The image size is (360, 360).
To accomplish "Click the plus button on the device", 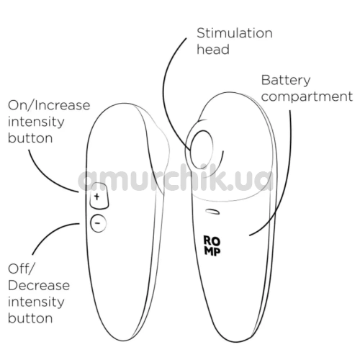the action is [99, 196].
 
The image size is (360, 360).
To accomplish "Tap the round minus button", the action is [98, 223].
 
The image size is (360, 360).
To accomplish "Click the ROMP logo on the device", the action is [212, 246].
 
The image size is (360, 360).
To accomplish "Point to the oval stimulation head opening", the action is [202, 150].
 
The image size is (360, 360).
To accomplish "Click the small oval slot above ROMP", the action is [212, 211].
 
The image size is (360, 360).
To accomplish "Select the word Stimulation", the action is [235, 33].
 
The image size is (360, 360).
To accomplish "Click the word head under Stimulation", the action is [213, 50].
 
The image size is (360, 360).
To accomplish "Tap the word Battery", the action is [286, 81].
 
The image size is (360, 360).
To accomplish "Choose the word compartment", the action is [307, 96].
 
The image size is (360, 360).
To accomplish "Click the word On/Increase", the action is [49, 105].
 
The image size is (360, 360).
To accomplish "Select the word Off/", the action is [22, 269].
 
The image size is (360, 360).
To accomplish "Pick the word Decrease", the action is [39, 285].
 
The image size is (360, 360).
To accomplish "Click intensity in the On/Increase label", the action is [36, 122].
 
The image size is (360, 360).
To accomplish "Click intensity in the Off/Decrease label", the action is [36, 302].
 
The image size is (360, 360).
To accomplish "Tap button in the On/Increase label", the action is [30, 138].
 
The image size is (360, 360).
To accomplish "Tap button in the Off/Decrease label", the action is [30, 318].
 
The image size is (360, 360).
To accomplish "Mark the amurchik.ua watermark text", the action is [175, 179].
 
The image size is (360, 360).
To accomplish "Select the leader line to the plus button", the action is [45, 176].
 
